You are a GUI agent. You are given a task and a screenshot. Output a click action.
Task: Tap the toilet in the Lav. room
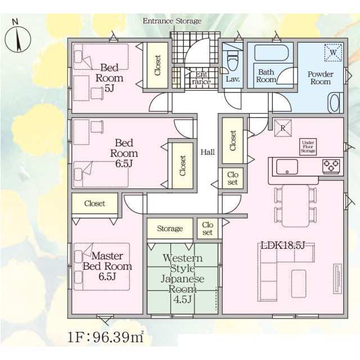tap(232, 62)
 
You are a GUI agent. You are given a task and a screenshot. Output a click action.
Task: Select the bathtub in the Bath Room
tap(271, 53)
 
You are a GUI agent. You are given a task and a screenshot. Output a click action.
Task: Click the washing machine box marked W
tap(333, 52)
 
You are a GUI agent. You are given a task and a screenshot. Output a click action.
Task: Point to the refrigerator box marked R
tap(283, 128)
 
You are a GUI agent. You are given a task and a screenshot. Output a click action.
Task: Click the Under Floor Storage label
tap(308, 146)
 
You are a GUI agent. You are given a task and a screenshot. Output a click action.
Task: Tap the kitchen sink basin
tap(287, 167)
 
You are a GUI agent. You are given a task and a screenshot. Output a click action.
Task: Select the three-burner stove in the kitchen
tap(331, 166)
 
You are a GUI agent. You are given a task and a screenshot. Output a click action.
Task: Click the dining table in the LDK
tap(296, 206)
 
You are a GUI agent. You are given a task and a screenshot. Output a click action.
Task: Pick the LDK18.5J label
tap(283, 245)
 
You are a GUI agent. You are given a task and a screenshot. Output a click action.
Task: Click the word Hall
tap(208, 152)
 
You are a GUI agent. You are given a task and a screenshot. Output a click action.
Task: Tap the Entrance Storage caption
tap(172, 21)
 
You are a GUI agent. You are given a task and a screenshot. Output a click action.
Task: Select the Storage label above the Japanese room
tap(170, 228)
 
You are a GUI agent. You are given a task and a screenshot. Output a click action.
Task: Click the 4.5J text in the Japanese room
tap(183, 299)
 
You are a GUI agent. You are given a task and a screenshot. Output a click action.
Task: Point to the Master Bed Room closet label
tap(94, 204)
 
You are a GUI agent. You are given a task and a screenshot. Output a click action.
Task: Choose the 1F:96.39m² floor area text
tap(106, 337)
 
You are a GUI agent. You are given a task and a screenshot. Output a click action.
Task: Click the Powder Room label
tap(321, 78)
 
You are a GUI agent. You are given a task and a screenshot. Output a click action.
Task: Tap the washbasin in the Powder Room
tap(335, 103)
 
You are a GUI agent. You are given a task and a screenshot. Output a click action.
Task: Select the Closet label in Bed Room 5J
tap(157, 65)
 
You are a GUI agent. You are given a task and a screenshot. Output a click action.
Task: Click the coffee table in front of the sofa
tap(299, 283)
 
